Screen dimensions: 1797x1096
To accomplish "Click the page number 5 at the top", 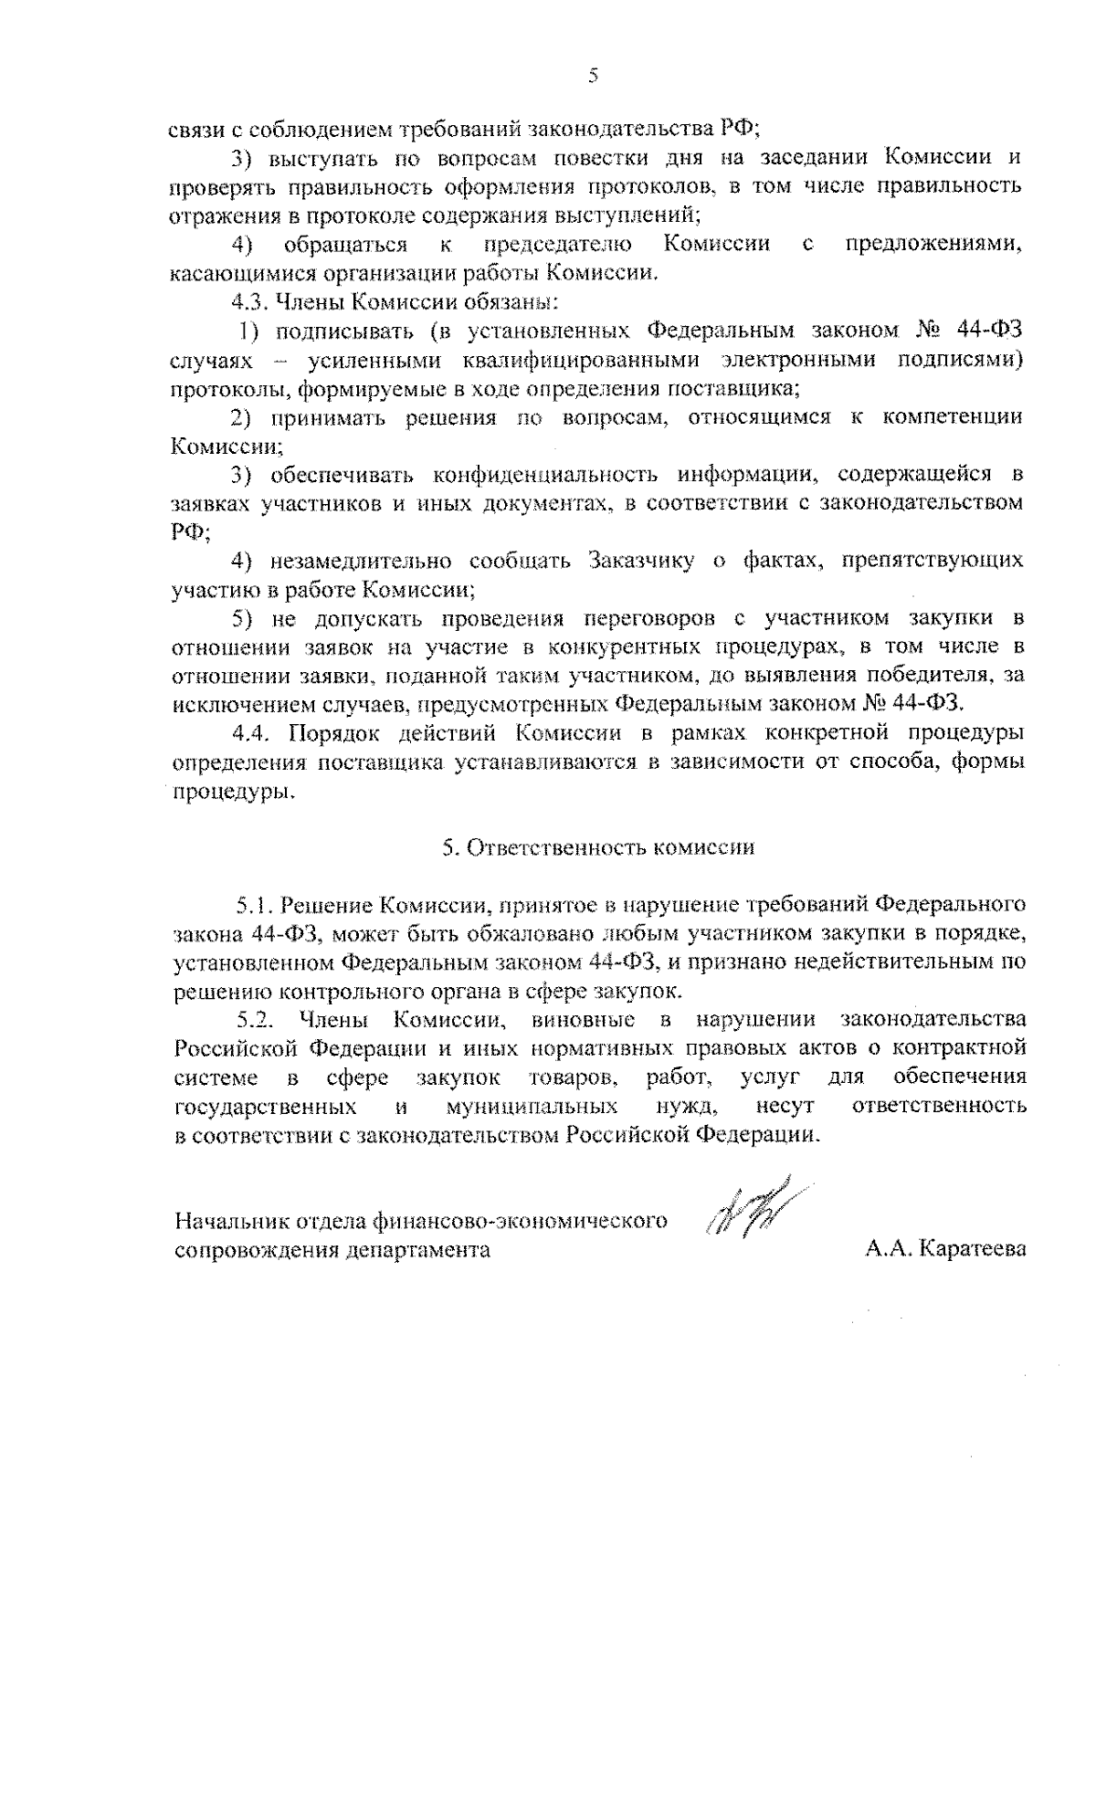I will [593, 76].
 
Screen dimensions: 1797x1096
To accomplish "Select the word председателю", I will [556, 244].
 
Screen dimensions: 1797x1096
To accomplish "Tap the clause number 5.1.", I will [254, 905].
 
